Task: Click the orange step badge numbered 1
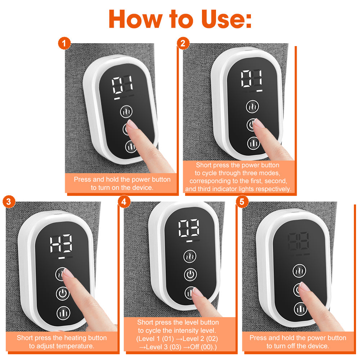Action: click(64, 44)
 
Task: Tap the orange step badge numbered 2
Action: click(183, 44)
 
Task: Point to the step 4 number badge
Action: click(124, 202)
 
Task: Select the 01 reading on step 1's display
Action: click(122, 85)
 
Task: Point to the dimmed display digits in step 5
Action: click(298, 242)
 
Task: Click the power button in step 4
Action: click(190, 275)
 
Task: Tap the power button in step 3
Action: click(63, 294)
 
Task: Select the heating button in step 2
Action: click(253, 107)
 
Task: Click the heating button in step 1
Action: click(126, 112)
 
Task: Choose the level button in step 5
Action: click(300, 308)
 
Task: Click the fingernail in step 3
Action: click(66, 274)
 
